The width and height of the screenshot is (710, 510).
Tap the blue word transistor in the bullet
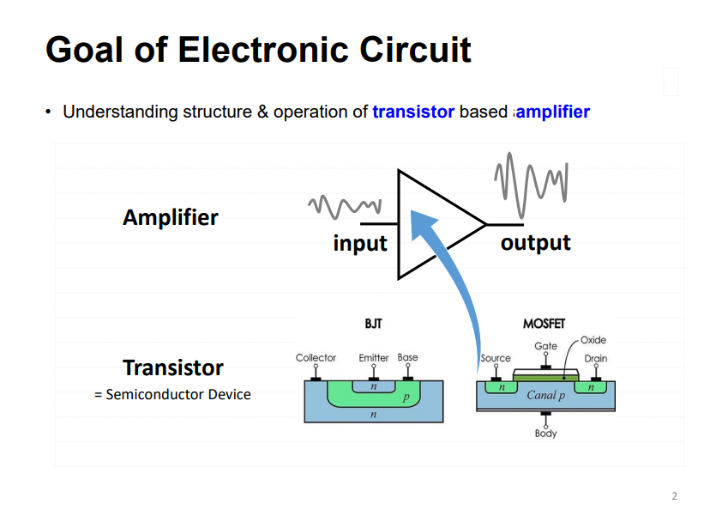pyautogui.click(x=412, y=112)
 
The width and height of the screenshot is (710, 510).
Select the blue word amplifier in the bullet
pyautogui.click(x=552, y=112)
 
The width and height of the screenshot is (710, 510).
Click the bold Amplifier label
pyautogui.click(x=170, y=217)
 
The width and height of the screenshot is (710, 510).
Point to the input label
pyautogui.click(x=360, y=243)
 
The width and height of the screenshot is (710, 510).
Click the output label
pyautogui.click(x=535, y=242)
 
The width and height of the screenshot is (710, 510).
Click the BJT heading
pyautogui.click(x=373, y=325)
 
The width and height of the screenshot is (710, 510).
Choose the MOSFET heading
pyautogui.click(x=545, y=325)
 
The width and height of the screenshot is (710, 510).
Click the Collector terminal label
pyautogui.click(x=316, y=357)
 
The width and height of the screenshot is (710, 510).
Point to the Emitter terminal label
pyautogui.click(x=374, y=357)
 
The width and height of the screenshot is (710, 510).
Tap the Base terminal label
pyautogui.click(x=408, y=357)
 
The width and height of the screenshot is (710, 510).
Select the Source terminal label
pyautogui.click(x=495, y=358)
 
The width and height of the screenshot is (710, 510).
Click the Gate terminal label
pyautogui.click(x=545, y=346)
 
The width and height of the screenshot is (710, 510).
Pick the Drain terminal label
pyautogui.click(x=596, y=358)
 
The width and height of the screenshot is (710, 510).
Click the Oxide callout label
pyautogui.click(x=593, y=341)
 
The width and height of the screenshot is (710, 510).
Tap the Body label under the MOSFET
pyautogui.click(x=545, y=434)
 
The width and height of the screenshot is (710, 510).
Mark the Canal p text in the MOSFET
pyautogui.click(x=545, y=396)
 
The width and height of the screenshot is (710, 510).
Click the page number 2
pyautogui.click(x=674, y=495)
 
